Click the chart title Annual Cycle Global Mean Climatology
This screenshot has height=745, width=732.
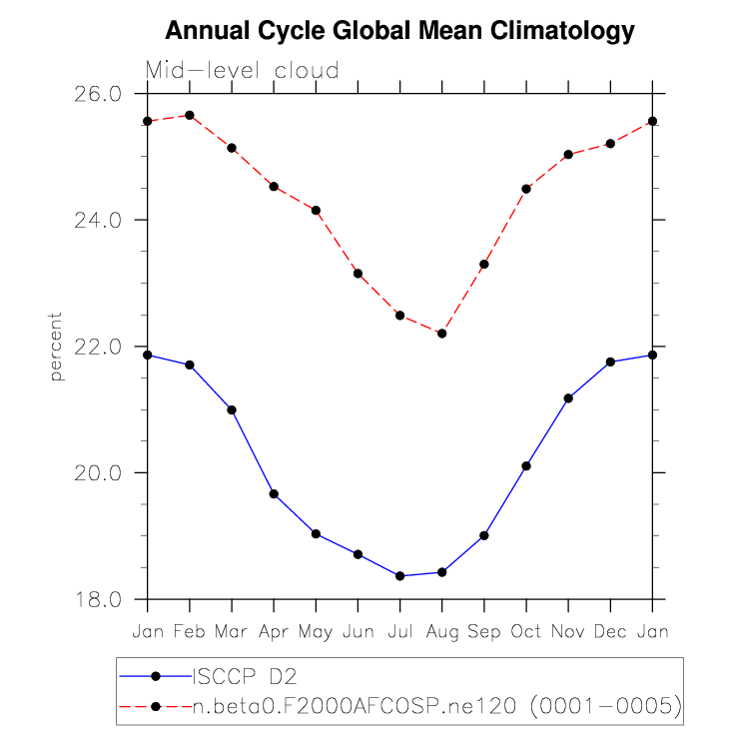click(x=399, y=31)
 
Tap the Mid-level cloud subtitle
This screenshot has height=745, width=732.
click(x=243, y=71)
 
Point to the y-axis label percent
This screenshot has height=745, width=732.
click(x=56, y=346)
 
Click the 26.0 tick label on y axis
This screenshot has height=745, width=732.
click(x=97, y=93)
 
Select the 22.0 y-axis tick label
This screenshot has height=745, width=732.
click(x=97, y=347)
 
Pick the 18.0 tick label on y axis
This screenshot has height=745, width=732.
click(x=97, y=599)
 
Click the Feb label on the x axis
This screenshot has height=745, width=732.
click(x=190, y=631)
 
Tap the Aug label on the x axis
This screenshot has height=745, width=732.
click(x=441, y=632)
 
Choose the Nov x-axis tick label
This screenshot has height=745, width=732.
click(x=568, y=631)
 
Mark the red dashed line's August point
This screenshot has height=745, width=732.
click(x=441, y=333)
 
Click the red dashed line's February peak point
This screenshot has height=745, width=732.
click(x=190, y=115)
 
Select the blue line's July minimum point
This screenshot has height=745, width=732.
click(x=399, y=575)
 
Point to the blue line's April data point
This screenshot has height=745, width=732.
click(x=274, y=494)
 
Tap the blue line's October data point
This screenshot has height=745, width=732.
click(x=526, y=465)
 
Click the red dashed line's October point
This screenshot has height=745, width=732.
click(x=526, y=188)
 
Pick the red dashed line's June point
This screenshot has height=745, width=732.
click(x=358, y=273)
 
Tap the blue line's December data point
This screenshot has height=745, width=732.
click(x=610, y=362)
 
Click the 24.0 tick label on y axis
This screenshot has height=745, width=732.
click(x=97, y=220)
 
